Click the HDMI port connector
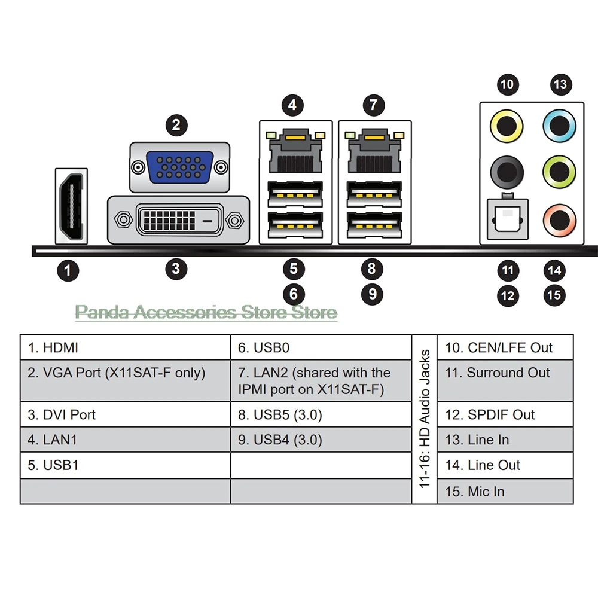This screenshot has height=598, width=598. [x=71, y=206]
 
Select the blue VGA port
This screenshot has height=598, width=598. [x=179, y=167]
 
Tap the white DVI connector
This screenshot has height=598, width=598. [x=178, y=220]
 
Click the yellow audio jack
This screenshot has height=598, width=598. [x=507, y=126]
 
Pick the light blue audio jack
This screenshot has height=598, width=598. [x=560, y=126]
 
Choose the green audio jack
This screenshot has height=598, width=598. [x=560, y=172]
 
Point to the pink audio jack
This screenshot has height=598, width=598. [x=560, y=221]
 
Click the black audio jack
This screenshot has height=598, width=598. [x=507, y=172]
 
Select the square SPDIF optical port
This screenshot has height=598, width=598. [x=508, y=219]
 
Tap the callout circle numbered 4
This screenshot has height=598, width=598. [x=292, y=105]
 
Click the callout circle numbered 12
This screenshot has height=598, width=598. [x=508, y=295]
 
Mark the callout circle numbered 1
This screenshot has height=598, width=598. [x=68, y=270]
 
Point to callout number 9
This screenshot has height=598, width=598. [x=372, y=294]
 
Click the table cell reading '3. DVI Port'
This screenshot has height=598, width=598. [x=125, y=414]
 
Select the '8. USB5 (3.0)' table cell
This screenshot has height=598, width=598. [x=321, y=414]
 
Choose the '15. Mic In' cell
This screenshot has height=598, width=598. [x=505, y=491]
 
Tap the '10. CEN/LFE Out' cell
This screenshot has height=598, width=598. [x=505, y=347]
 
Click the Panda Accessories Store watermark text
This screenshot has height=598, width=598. [x=206, y=312]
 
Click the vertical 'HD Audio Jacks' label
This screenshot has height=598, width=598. [x=425, y=419]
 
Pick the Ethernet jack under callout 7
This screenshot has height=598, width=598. [x=374, y=151]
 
